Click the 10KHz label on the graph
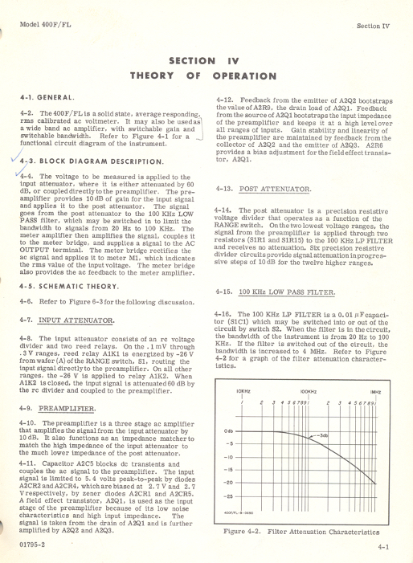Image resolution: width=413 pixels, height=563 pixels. (243, 391)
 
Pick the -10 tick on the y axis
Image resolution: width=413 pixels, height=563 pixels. (228, 456)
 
